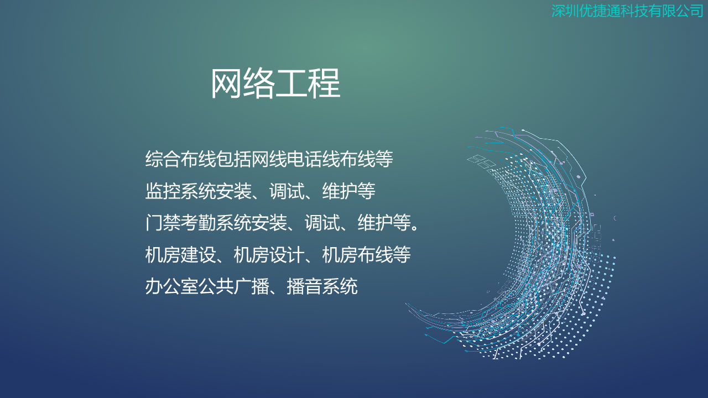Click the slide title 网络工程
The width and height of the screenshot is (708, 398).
click(275, 83)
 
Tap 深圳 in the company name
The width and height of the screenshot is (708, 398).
click(565, 11)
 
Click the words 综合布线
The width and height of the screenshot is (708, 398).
click(180, 159)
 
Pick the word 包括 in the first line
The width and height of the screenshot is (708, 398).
click(233, 159)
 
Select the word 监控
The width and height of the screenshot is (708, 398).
click(163, 191)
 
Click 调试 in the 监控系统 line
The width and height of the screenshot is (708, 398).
click(287, 191)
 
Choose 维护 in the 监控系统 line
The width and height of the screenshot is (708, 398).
click(340, 191)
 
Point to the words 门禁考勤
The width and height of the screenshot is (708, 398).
click(180, 222)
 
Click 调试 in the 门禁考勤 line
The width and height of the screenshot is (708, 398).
click(322, 222)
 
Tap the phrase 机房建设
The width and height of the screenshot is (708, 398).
click(180, 255)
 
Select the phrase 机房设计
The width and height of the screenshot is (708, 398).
click(269, 255)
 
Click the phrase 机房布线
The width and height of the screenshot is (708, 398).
click(357, 255)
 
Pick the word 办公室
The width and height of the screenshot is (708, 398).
click(171, 286)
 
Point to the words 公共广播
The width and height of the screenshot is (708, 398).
click(233, 286)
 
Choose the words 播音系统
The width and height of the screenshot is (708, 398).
click(322, 286)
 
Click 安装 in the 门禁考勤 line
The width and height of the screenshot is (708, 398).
click(269, 222)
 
